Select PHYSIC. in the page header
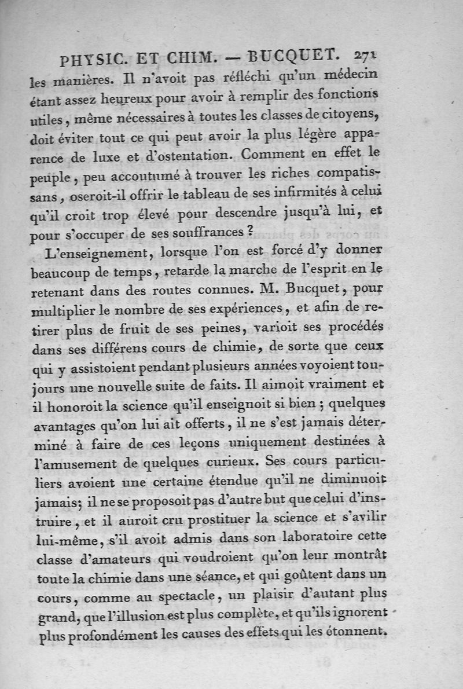(x=93, y=60)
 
